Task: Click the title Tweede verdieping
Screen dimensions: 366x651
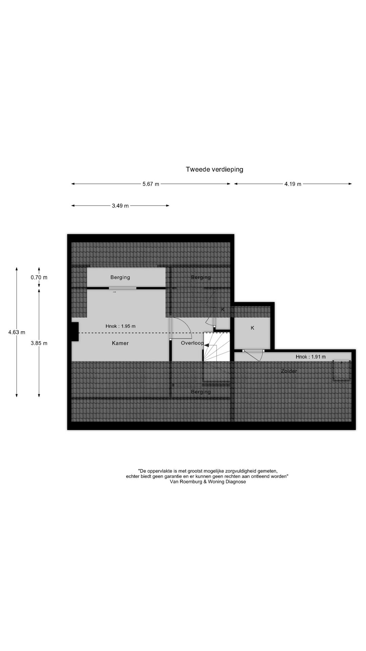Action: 215,170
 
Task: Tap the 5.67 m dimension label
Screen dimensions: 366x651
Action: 150,184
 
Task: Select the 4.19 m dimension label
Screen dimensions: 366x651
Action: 293,184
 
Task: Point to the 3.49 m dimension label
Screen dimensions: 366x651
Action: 120,206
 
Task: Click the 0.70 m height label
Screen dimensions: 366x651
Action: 39,277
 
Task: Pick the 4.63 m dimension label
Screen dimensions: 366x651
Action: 17,332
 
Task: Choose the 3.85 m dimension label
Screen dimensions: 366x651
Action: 39,343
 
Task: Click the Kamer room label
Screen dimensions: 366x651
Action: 120,343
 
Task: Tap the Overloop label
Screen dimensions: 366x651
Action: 192,343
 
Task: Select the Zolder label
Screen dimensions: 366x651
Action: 289,371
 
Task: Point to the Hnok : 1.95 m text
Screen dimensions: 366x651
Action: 120,326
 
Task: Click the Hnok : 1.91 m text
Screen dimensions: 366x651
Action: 311,357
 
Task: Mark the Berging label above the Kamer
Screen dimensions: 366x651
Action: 120,277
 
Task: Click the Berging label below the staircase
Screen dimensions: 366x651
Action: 201,392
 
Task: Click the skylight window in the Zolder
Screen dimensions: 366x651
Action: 341,371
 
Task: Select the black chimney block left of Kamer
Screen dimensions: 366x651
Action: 75,331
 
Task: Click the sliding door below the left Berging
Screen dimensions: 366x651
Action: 123,288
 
